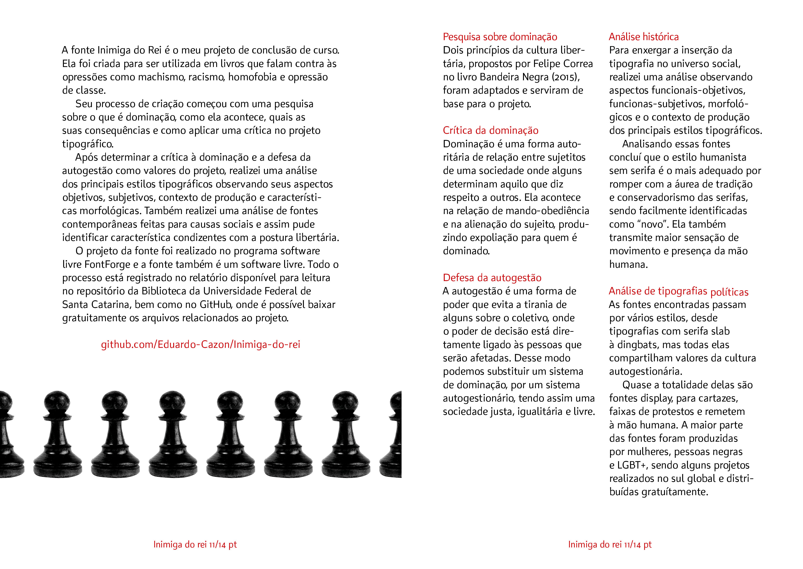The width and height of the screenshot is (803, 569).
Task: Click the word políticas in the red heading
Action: (729, 292)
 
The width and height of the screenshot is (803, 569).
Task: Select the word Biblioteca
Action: (163, 291)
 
